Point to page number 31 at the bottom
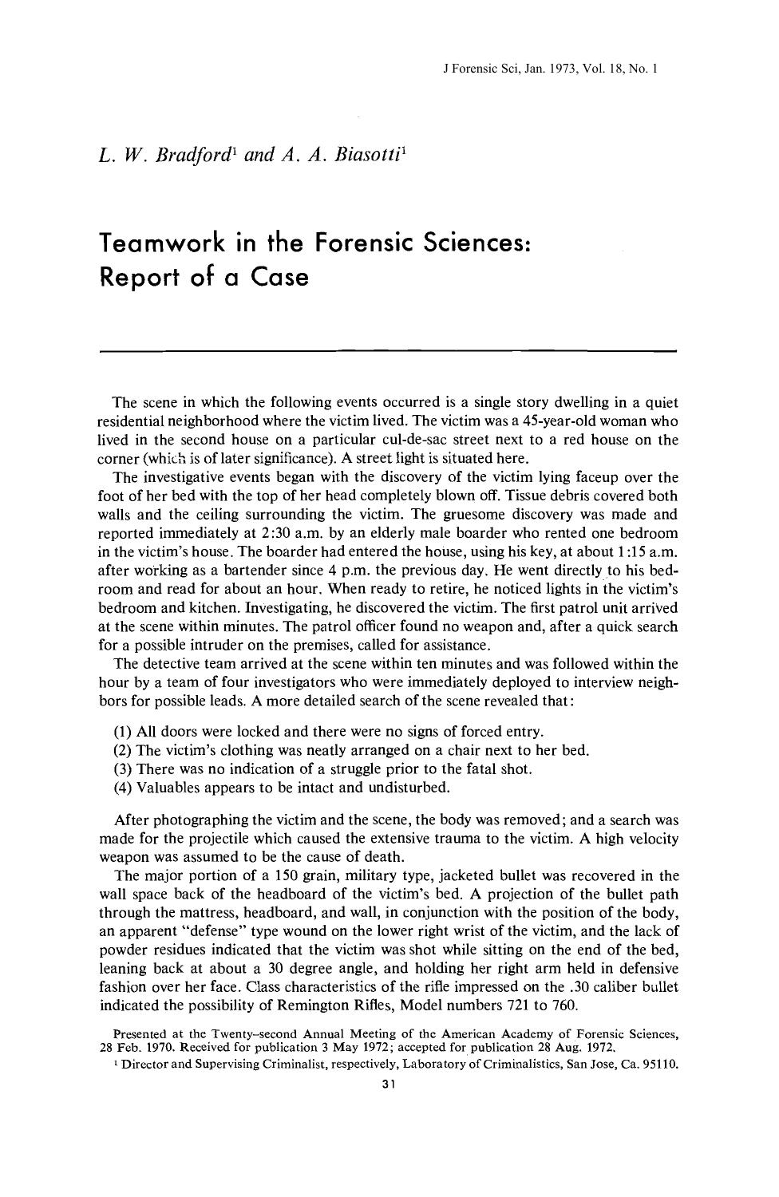click(389, 1085)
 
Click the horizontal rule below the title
click(387, 350)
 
